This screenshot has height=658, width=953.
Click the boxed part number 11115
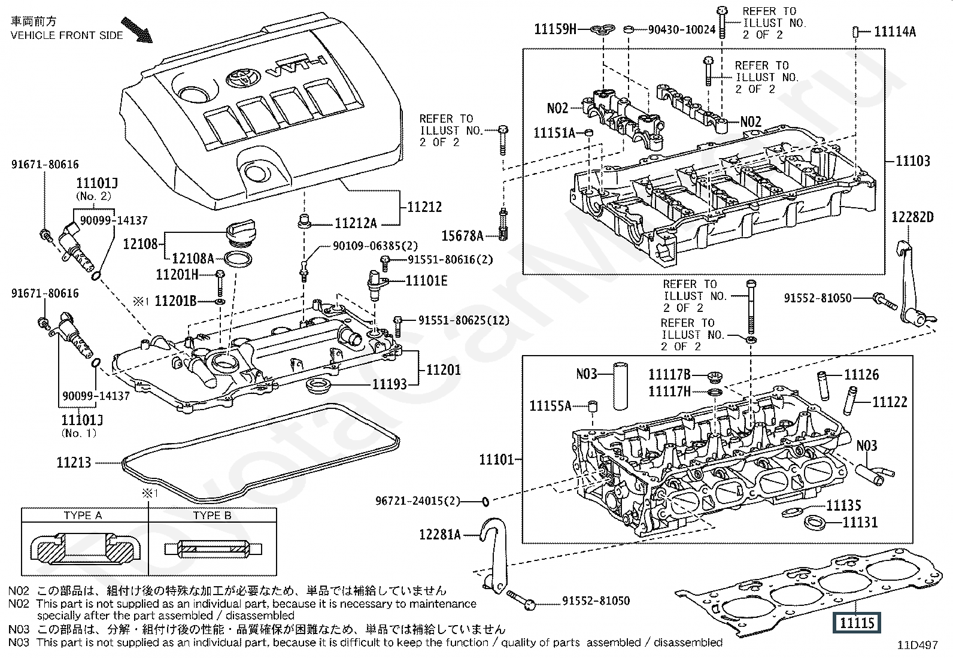857,623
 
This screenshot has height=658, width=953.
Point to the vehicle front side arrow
137,30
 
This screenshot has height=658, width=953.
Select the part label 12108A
193,258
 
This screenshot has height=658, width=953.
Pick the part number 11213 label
74,462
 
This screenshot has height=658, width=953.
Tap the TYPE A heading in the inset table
83,516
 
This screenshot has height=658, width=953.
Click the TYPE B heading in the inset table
212,516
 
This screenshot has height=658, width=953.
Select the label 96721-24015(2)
418,501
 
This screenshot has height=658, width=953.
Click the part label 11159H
555,29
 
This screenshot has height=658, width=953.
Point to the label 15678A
463,235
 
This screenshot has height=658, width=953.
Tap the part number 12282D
912,217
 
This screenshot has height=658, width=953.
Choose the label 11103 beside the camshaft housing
913,161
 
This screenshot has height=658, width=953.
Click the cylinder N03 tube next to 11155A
620,386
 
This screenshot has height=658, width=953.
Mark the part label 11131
860,522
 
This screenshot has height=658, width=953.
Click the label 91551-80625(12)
464,320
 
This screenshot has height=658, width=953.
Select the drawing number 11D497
918,645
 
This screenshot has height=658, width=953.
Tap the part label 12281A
440,534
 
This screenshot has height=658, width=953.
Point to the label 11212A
356,223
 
